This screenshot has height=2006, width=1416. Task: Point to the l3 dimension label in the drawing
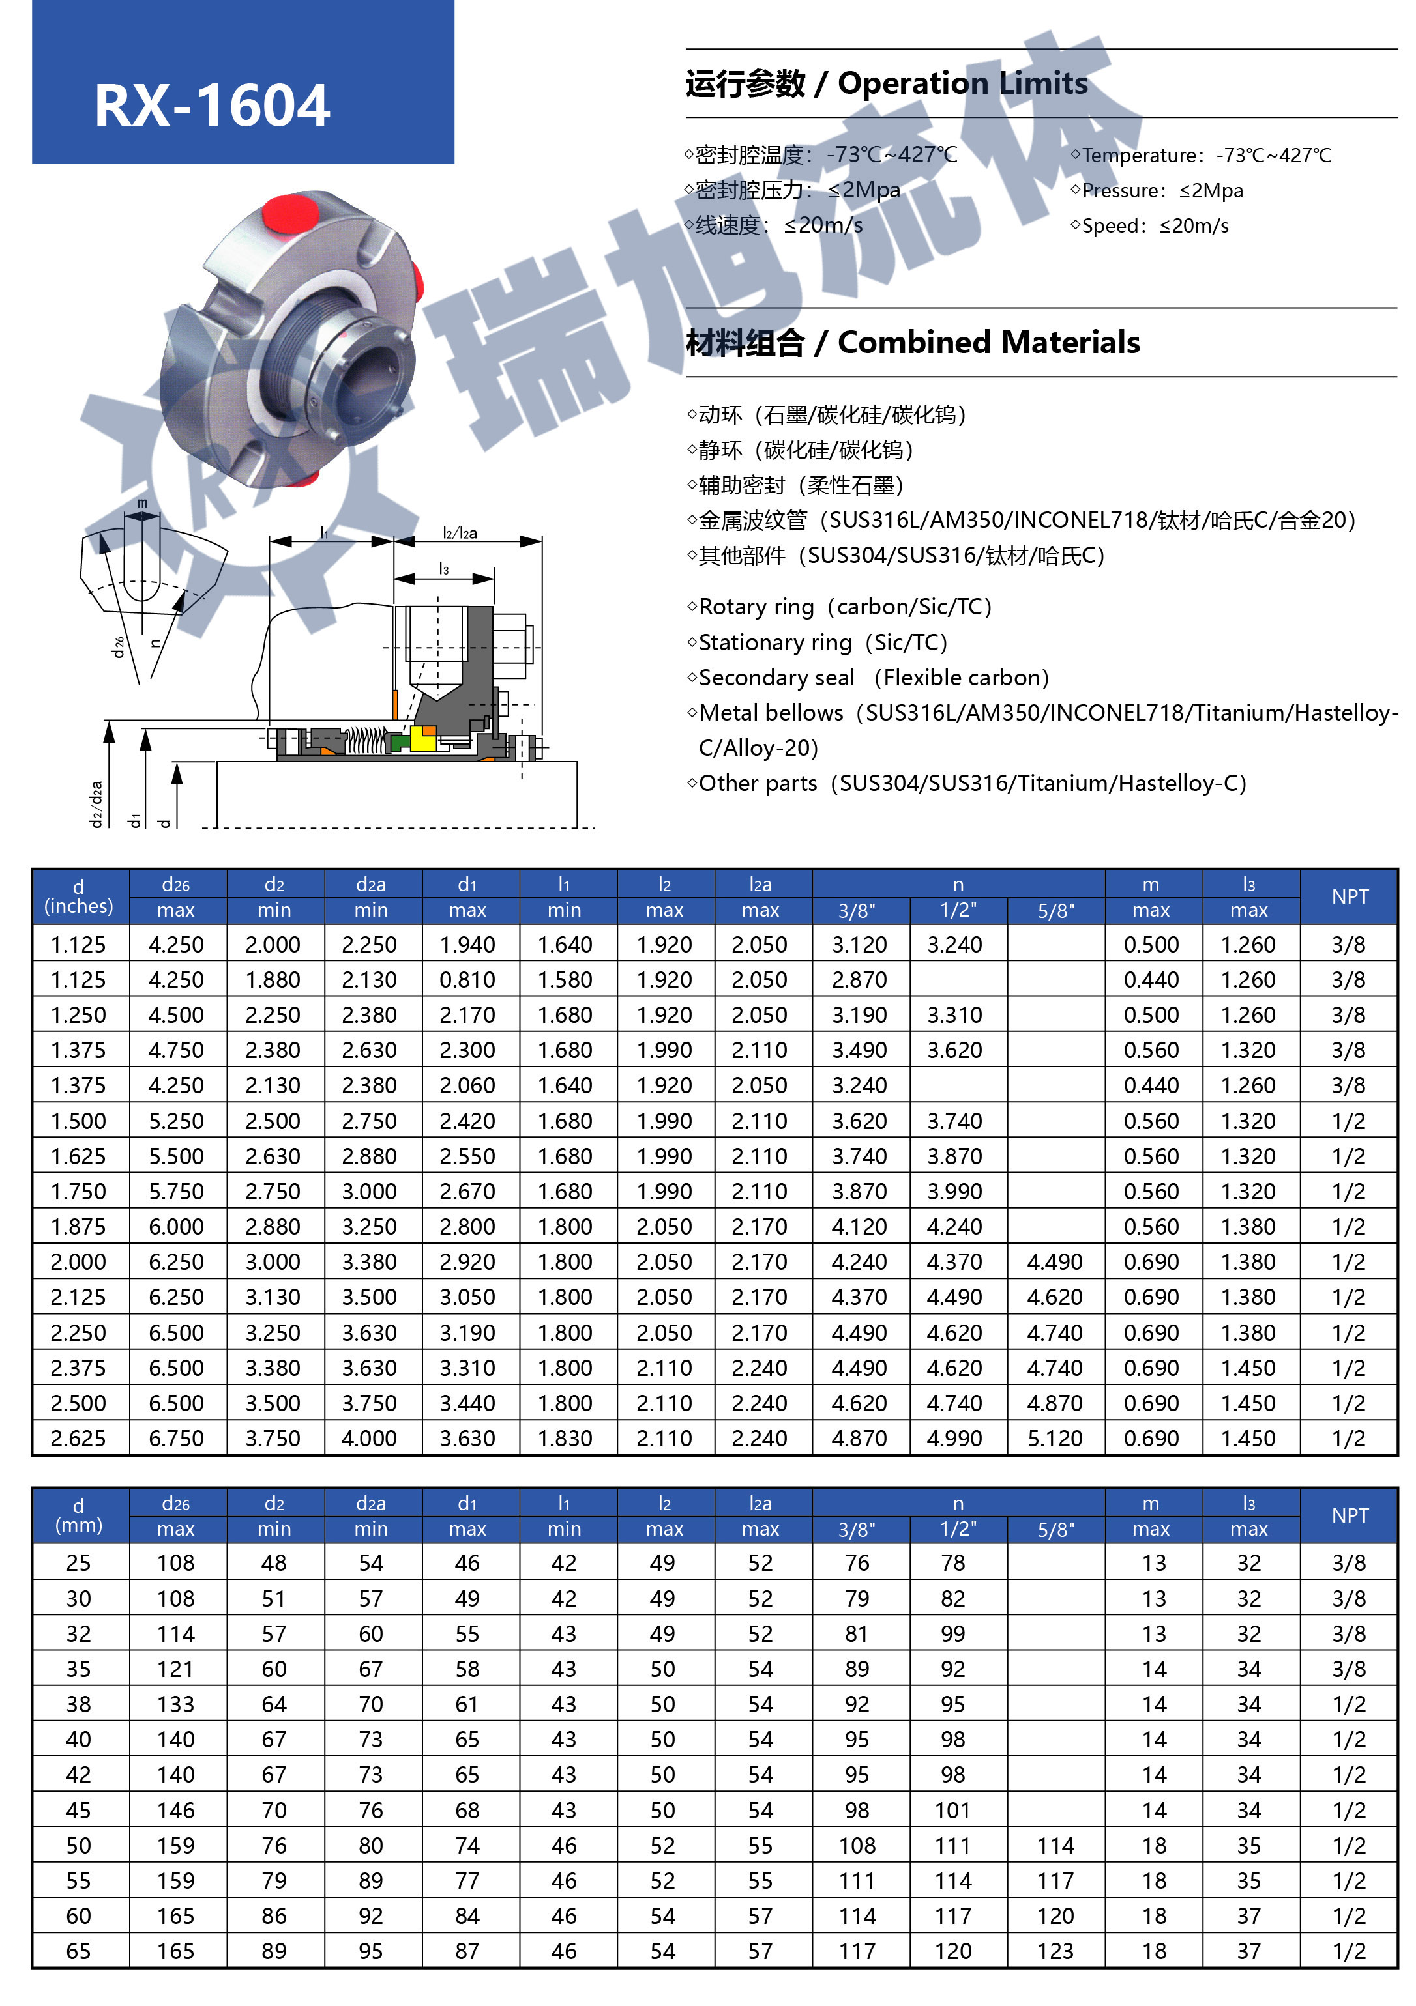444,569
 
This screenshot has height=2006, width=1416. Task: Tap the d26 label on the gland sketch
118,646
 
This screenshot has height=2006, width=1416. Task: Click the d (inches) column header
79,896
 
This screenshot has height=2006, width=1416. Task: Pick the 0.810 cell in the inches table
467,981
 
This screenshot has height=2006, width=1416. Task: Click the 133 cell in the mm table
175,1704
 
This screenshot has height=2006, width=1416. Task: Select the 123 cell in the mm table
1054,1951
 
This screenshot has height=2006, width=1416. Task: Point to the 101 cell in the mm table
952,1811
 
